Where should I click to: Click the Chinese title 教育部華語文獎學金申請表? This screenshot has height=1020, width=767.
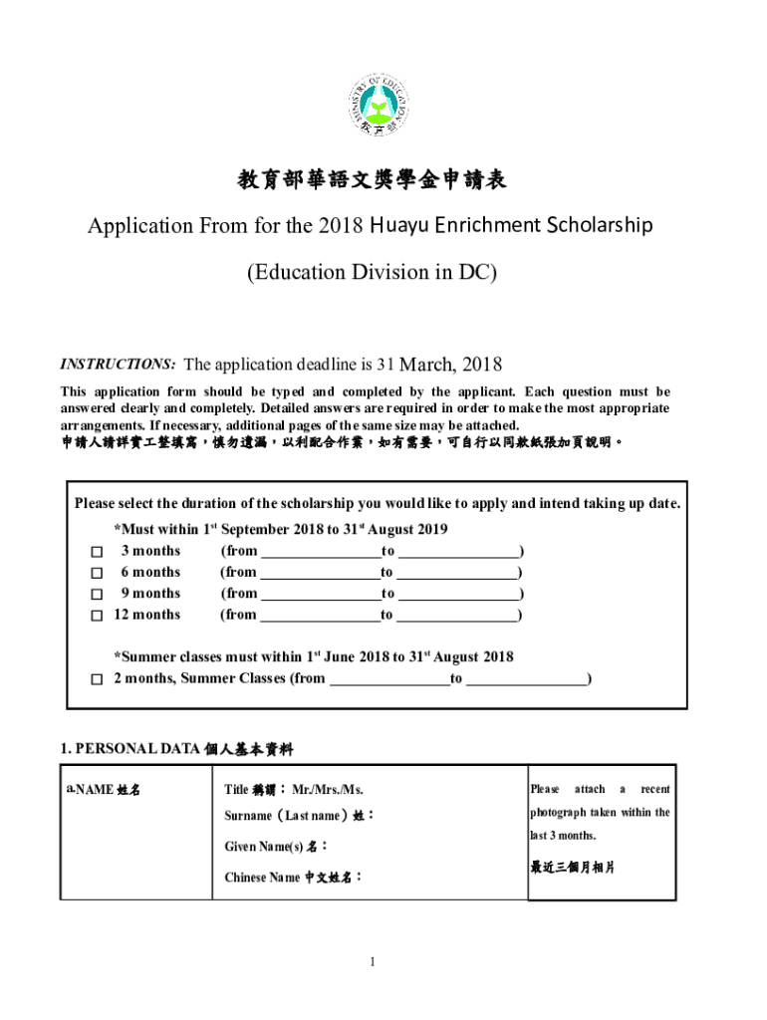coord(371,180)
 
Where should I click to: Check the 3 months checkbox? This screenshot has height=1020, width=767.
coord(97,552)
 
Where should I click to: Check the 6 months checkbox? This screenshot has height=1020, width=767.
coord(97,574)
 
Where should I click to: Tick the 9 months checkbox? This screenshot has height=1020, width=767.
coord(97,595)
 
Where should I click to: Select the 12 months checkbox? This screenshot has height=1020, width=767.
coord(97,616)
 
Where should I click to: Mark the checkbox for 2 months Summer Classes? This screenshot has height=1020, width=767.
coord(97,680)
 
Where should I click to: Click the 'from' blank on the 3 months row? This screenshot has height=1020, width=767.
coord(319,552)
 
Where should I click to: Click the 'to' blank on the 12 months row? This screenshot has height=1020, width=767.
coord(457,616)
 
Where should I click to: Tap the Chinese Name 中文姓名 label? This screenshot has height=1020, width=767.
coord(293,878)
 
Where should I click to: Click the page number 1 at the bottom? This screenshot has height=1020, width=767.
coord(372,961)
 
